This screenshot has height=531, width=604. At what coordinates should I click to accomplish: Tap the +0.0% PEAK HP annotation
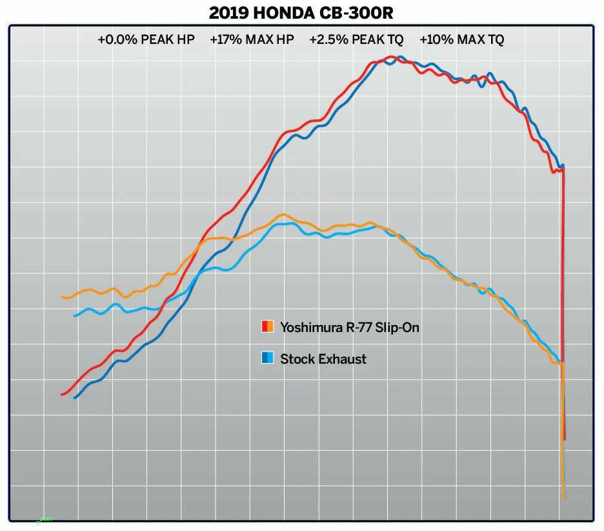pos(146,40)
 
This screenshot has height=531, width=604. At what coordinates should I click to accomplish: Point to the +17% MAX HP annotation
pos(252,40)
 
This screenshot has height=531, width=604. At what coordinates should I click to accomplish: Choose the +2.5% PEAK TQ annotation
pos(356,40)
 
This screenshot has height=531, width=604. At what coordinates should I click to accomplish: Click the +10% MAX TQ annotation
pos(461,40)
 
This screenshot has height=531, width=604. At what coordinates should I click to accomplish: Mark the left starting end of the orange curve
pos(63,297)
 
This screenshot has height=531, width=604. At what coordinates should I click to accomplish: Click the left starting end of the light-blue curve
pos(75,315)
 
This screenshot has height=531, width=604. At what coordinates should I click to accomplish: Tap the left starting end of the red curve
pos(62,394)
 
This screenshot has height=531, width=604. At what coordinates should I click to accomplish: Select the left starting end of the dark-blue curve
pos(75,397)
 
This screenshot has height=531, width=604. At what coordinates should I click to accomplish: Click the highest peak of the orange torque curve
pos(282,214)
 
